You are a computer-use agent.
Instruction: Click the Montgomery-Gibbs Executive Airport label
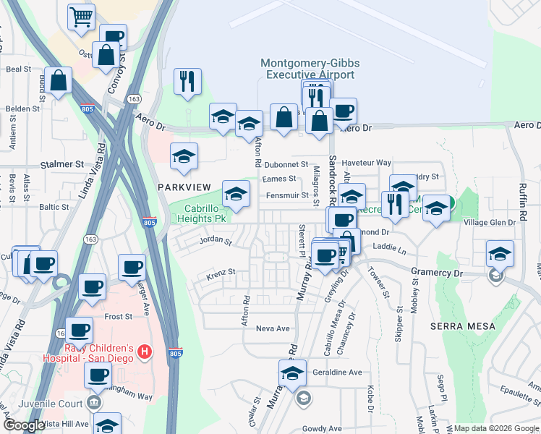310,69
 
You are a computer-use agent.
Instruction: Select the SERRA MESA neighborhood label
462,326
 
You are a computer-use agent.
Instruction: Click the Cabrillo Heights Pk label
203,213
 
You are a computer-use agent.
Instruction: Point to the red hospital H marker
145,352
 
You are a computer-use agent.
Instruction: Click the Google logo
24,426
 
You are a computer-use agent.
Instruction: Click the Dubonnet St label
286,164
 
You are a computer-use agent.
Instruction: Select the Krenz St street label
221,272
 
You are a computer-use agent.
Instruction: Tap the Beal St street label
18,69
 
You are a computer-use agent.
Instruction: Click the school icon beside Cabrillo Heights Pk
235,194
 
